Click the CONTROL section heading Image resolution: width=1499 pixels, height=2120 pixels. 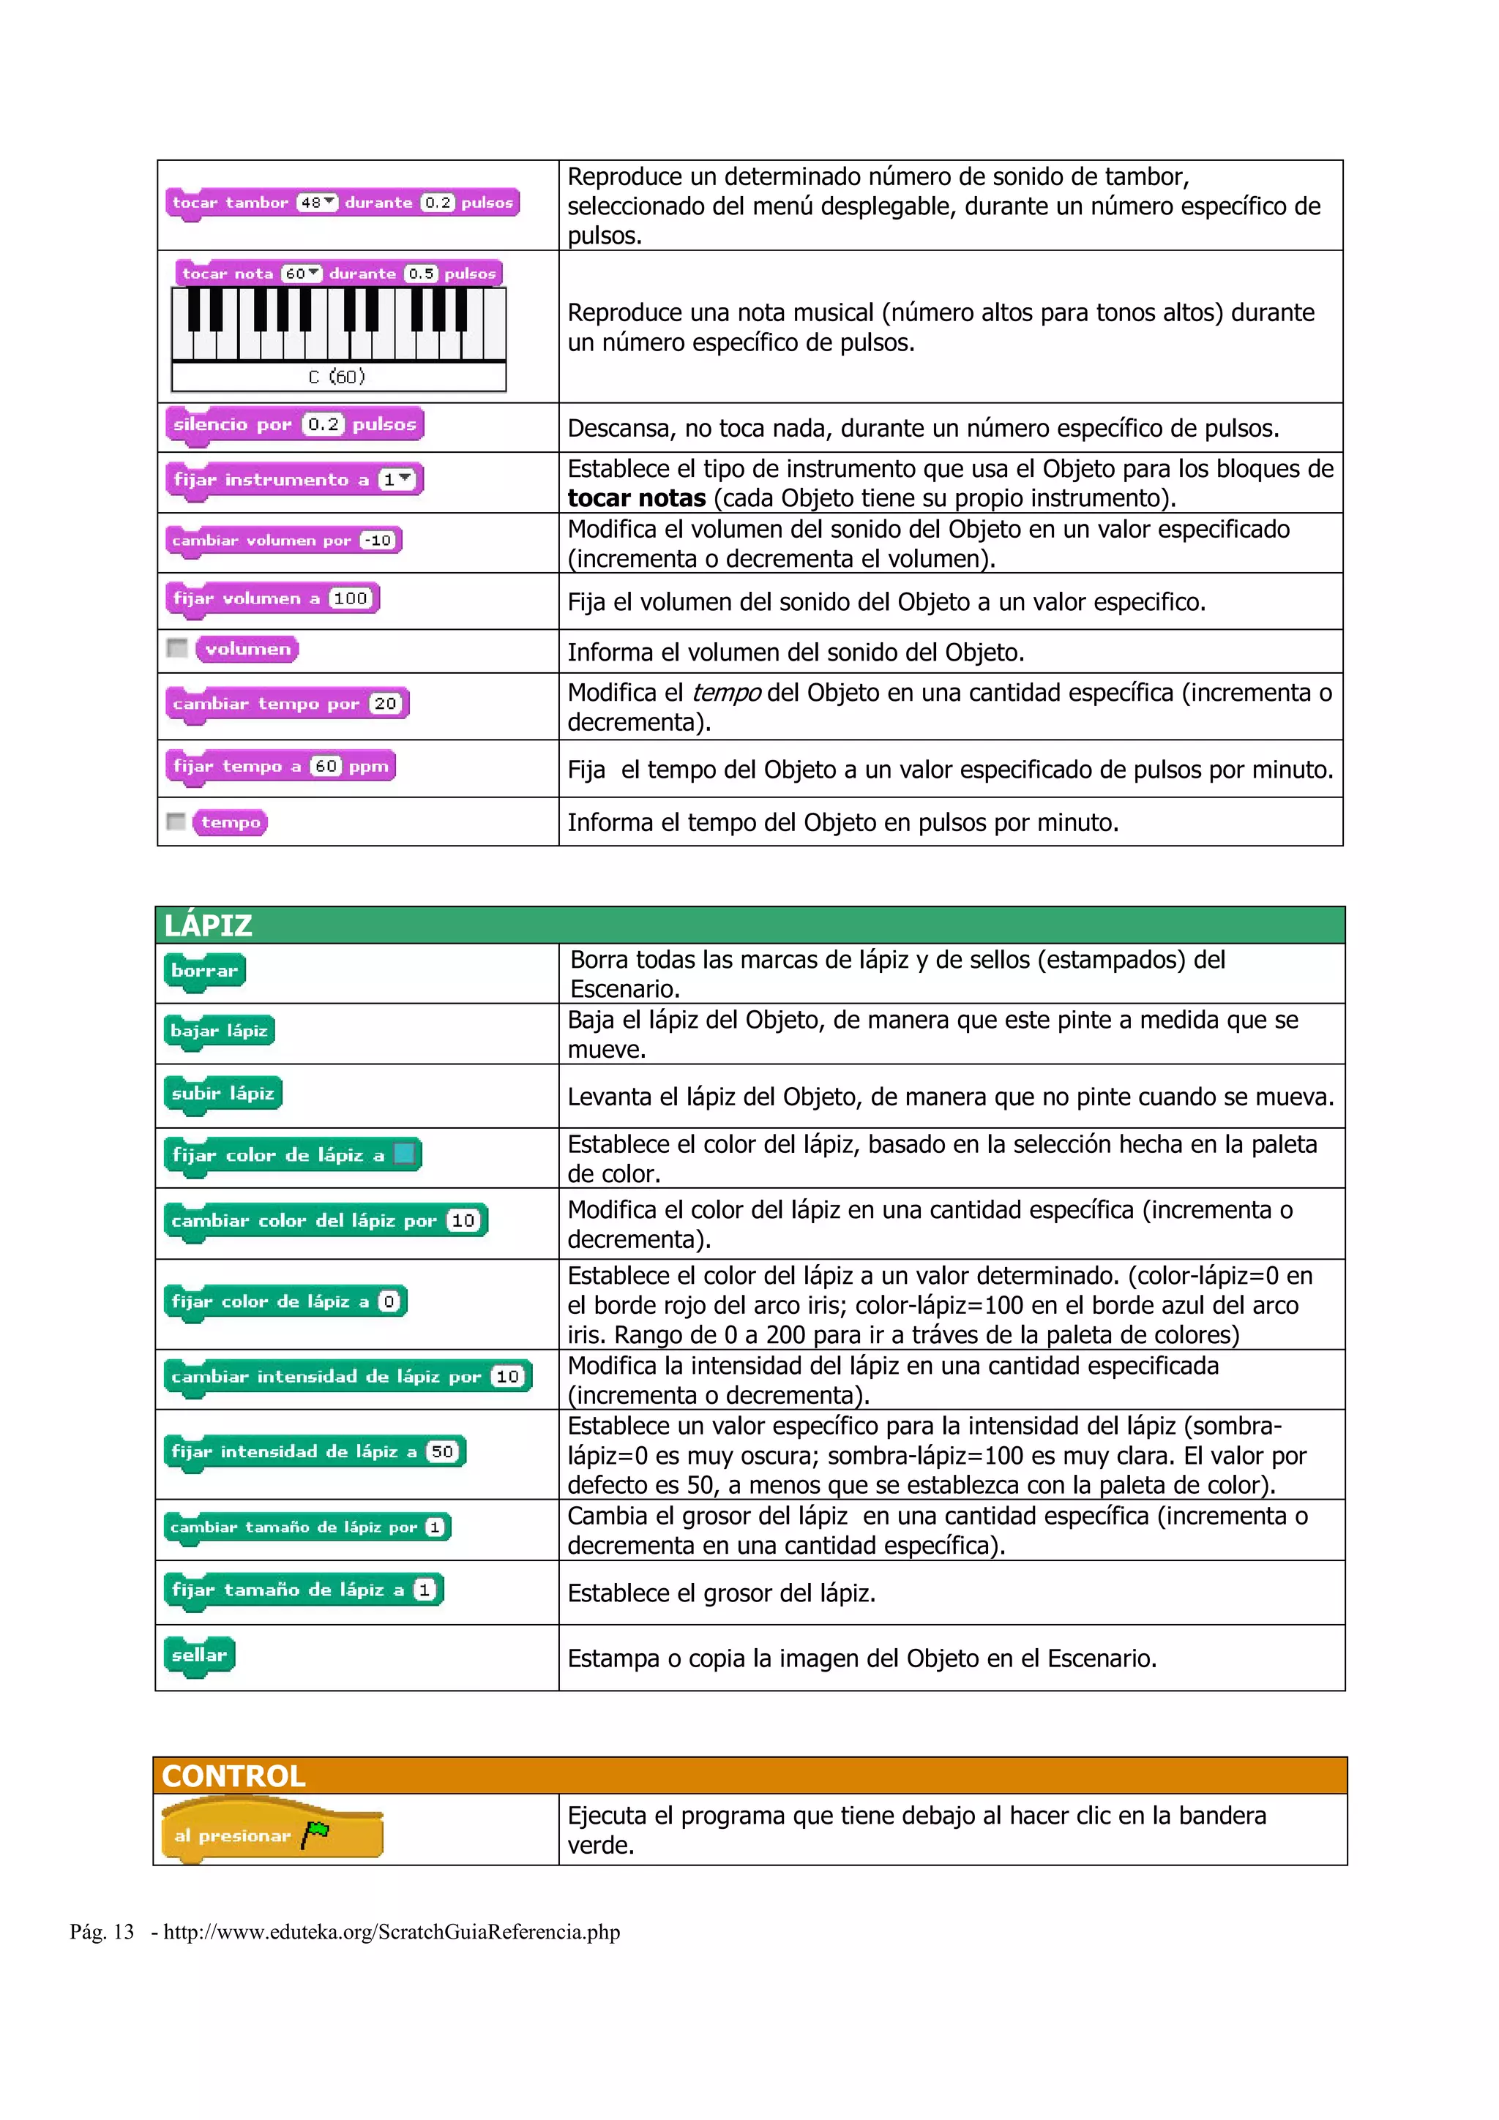click(233, 1775)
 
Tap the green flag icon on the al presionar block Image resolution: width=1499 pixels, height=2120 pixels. click(316, 1832)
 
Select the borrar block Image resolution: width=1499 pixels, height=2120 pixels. click(204, 971)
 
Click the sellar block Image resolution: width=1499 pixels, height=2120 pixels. click(198, 1655)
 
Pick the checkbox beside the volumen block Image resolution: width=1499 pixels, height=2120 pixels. click(176, 648)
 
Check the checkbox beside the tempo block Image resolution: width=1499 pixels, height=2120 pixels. click(176, 821)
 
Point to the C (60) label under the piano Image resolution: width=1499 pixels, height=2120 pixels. click(337, 377)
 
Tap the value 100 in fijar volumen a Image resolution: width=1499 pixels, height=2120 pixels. click(350, 598)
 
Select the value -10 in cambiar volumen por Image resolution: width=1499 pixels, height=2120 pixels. click(378, 540)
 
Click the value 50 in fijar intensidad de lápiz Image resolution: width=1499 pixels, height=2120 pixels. click(442, 1451)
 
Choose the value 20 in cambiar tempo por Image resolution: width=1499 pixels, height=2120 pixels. click(385, 704)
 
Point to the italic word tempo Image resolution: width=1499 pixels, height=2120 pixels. click(726, 693)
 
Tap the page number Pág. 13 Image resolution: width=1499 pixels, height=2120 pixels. click(102, 1932)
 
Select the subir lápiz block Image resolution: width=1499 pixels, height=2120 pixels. click(223, 1093)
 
